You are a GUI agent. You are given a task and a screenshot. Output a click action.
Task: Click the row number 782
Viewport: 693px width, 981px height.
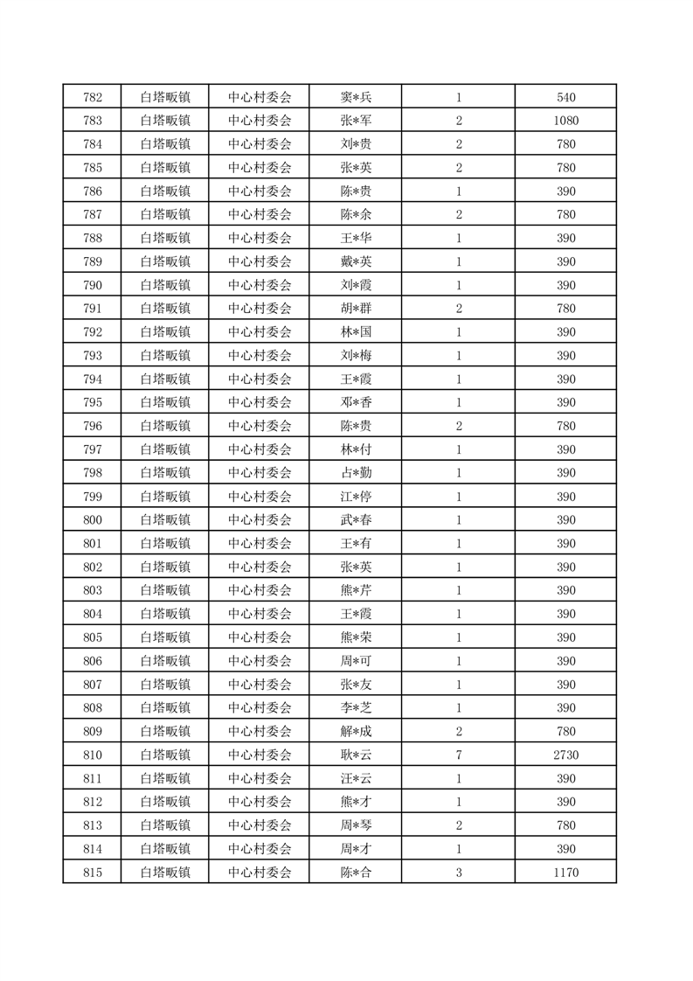tap(92, 97)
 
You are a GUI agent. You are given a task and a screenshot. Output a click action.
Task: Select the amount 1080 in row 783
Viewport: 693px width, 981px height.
tap(565, 121)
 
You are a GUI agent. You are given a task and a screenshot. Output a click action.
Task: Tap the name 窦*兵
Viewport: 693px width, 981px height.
tap(356, 97)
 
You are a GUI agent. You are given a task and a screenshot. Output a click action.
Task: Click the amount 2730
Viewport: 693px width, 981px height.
tap(565, 755)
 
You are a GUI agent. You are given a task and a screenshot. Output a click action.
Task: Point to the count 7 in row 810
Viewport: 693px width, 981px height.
tap(458, 755)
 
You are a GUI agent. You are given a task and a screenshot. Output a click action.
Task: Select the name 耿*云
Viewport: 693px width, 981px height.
tap(356, 755)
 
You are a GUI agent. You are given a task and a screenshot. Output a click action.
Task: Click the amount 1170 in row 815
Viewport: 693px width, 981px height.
tap(565, 872)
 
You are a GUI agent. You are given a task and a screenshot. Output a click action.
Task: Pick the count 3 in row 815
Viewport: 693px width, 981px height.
tap(458, 872)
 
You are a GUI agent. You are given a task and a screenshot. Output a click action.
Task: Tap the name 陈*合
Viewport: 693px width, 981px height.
tap(356, 872)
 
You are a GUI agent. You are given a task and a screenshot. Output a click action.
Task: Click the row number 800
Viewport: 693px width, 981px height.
tap(92, 519)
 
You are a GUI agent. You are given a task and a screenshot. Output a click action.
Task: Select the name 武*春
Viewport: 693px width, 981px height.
tap(356, 519)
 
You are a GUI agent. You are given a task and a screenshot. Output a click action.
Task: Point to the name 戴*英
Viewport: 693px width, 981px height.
tap(356, 261)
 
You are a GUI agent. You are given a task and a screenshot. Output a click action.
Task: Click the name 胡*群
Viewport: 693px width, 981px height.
tap(356, 308)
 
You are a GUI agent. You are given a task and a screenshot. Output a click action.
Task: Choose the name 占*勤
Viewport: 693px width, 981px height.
tap(356, 472)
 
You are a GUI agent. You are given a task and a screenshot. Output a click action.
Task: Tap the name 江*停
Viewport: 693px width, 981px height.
tap(356, 496)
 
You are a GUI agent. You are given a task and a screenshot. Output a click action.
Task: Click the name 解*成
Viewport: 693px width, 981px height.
tap(356, 731)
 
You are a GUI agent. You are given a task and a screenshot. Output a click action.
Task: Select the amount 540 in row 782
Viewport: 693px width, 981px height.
tap(565, 97)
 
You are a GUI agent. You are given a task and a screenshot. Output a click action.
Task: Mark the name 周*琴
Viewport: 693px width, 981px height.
tap(356, 824)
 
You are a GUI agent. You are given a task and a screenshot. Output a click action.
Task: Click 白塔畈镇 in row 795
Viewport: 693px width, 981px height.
tap(164, 402)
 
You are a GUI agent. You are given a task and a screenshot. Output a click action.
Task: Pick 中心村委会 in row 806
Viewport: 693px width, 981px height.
tap(259, 660)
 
